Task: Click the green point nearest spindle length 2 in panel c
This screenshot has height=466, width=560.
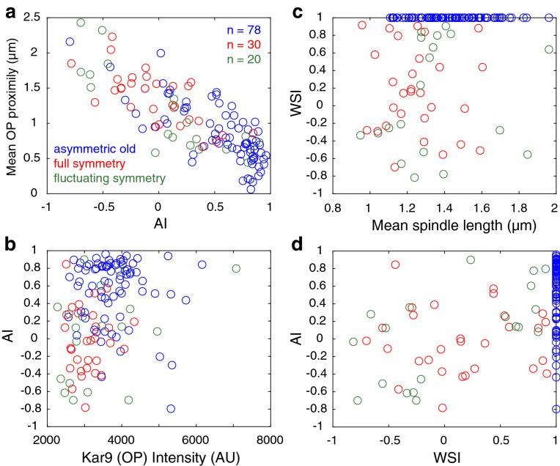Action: [x=549, y=49]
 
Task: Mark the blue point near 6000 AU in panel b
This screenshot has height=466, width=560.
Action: [x=202, y=265]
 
